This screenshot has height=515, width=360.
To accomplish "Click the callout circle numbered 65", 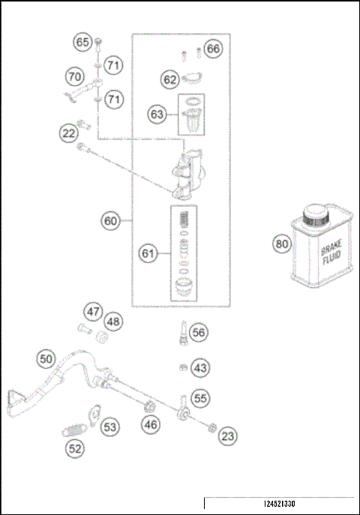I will pos(82,42).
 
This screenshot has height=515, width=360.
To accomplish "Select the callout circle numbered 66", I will pos(214,49).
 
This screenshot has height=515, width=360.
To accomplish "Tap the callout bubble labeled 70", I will pos(73,76).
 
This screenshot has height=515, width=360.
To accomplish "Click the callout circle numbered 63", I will pos(157,115).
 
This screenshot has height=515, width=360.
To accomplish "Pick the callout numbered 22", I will pos(69,133).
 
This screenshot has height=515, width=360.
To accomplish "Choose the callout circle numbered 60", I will pos(111,221).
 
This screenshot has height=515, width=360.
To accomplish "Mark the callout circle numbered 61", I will pos(148,254).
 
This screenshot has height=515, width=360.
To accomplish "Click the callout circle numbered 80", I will pos(281,244).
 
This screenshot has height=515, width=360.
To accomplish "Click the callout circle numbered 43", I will pos(199,368).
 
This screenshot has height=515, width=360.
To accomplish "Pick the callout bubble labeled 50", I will pos(46,359).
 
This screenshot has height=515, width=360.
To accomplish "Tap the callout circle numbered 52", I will pos(75,449).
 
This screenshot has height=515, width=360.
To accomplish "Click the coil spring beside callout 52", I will pos(74,430).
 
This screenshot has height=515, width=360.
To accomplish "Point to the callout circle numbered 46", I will pos(151,425).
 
